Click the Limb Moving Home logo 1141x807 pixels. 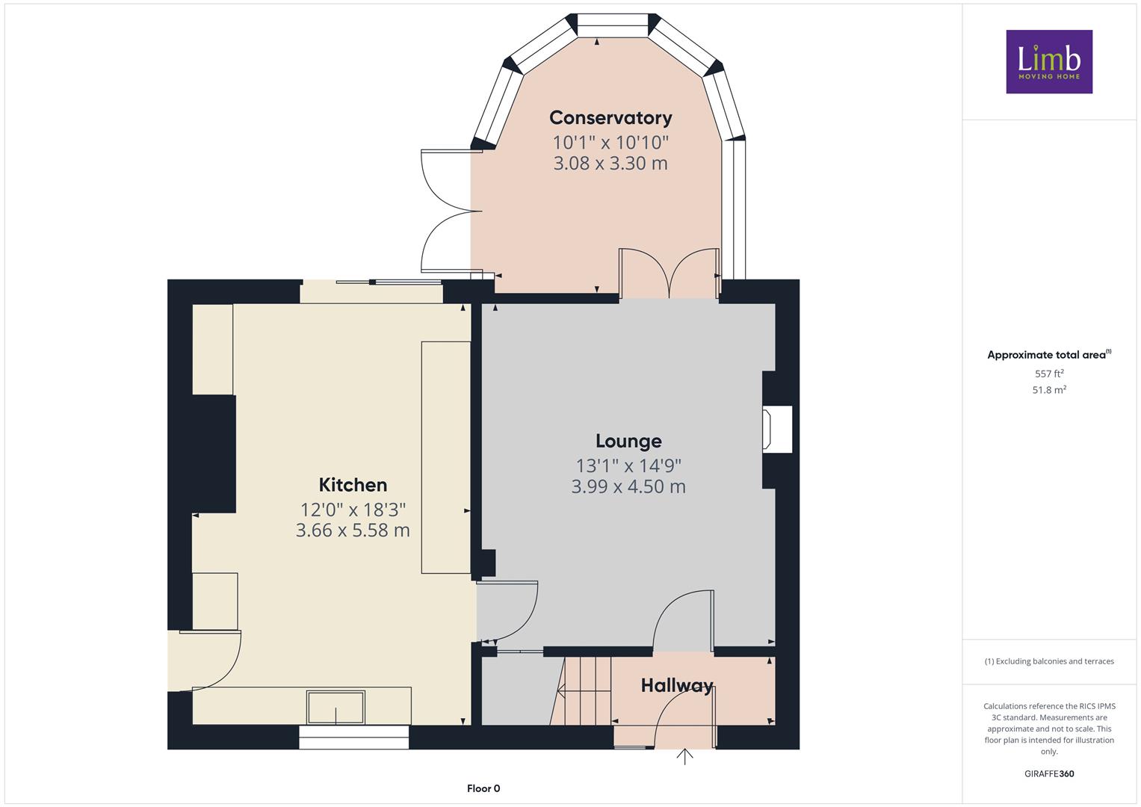(1049, 61)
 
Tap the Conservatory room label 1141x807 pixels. (610, 118)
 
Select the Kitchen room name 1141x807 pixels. (353, 484)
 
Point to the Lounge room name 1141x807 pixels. (628, 441)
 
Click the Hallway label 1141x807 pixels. (676, 685)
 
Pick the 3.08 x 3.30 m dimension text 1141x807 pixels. (610, 163)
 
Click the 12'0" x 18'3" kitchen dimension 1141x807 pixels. (353, 509)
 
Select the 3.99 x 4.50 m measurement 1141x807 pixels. (628, 486)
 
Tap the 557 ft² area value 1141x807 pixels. (1049, 374)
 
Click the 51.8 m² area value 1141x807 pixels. (1049, 390)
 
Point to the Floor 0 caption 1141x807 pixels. (483, 788)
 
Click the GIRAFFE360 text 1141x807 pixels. (1049, 773)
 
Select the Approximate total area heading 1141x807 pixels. (1049, 355)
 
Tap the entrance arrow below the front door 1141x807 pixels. (684, 756)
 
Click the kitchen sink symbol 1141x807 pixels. (336, 707)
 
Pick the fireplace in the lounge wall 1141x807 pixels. (777, 429)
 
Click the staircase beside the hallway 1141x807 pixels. (581, 690)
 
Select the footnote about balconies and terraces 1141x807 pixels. (1049, 661)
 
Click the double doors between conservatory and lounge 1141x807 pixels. (669, 273)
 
